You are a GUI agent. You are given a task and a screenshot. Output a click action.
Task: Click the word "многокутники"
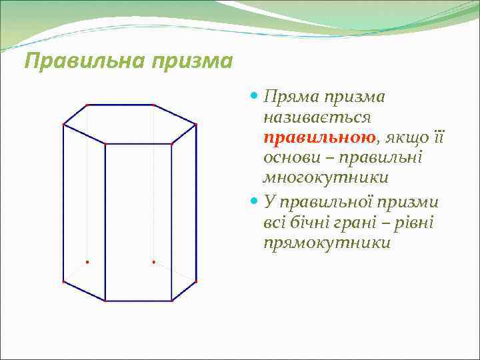click(x=325, y=179)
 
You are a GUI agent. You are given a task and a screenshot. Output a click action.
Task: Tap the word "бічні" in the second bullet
click(x=311, y=221)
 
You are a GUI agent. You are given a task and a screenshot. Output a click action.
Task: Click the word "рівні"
click(x=414, y=221)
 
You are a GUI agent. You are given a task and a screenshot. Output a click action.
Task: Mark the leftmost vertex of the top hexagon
click(x=63, y=124)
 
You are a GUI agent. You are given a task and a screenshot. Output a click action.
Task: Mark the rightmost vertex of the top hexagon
click(x=196, y=124)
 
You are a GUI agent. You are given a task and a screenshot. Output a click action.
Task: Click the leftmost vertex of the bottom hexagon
click(x=63, y=282)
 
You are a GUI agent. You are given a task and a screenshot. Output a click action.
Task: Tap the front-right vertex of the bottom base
click(x=172, y=301)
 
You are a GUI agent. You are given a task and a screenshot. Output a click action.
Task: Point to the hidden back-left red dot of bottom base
click(x=87, y=262)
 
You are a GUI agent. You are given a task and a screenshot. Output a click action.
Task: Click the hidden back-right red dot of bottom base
click(x=153, y=262)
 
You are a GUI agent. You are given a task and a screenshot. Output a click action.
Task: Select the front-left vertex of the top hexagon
click(x=105, y=143)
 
